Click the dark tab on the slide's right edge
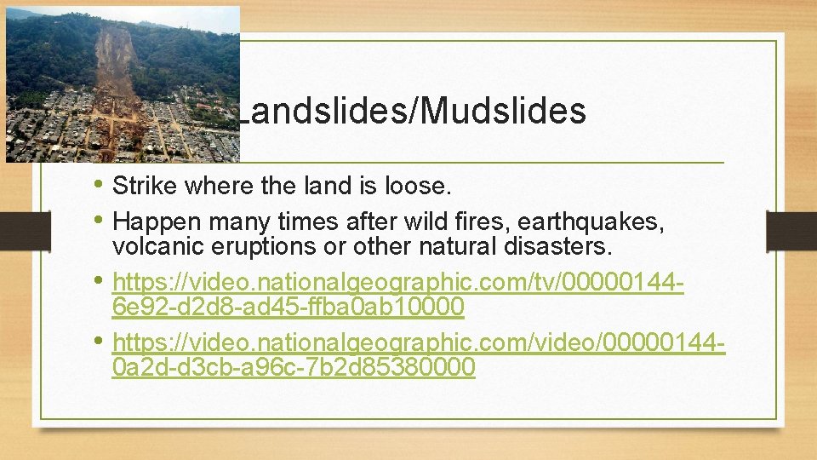pos(791,231)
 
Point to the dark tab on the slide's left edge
pos(16,231)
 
